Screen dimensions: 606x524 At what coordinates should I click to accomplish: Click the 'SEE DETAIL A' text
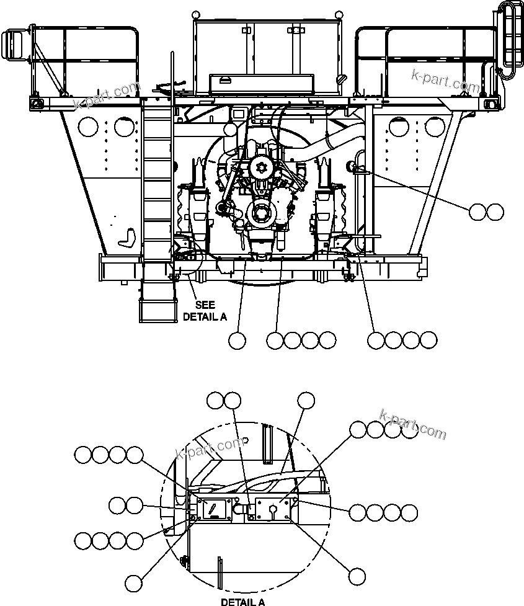tap(205, 310)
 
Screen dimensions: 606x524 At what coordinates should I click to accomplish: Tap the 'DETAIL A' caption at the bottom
tap(243, 601)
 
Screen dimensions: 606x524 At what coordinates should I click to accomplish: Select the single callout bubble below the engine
tap(237, 340)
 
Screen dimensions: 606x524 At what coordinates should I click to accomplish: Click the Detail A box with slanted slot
tap(215, 509)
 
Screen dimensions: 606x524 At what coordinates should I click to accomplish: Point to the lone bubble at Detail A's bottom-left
tap(134, 582)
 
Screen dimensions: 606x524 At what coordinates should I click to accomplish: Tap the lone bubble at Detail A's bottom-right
tap(356, 576)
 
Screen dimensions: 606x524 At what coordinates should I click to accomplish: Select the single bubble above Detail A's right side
tap(306, 401)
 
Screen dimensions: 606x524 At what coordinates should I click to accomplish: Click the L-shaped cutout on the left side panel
tap(128, 238)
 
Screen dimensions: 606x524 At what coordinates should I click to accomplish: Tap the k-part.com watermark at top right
tap(445, 81)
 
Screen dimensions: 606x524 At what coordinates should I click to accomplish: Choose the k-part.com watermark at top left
tap(107, 96)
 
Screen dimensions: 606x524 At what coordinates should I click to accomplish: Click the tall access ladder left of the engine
tap(156, 186)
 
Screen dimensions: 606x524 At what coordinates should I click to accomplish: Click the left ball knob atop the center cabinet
tap(197, 14)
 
